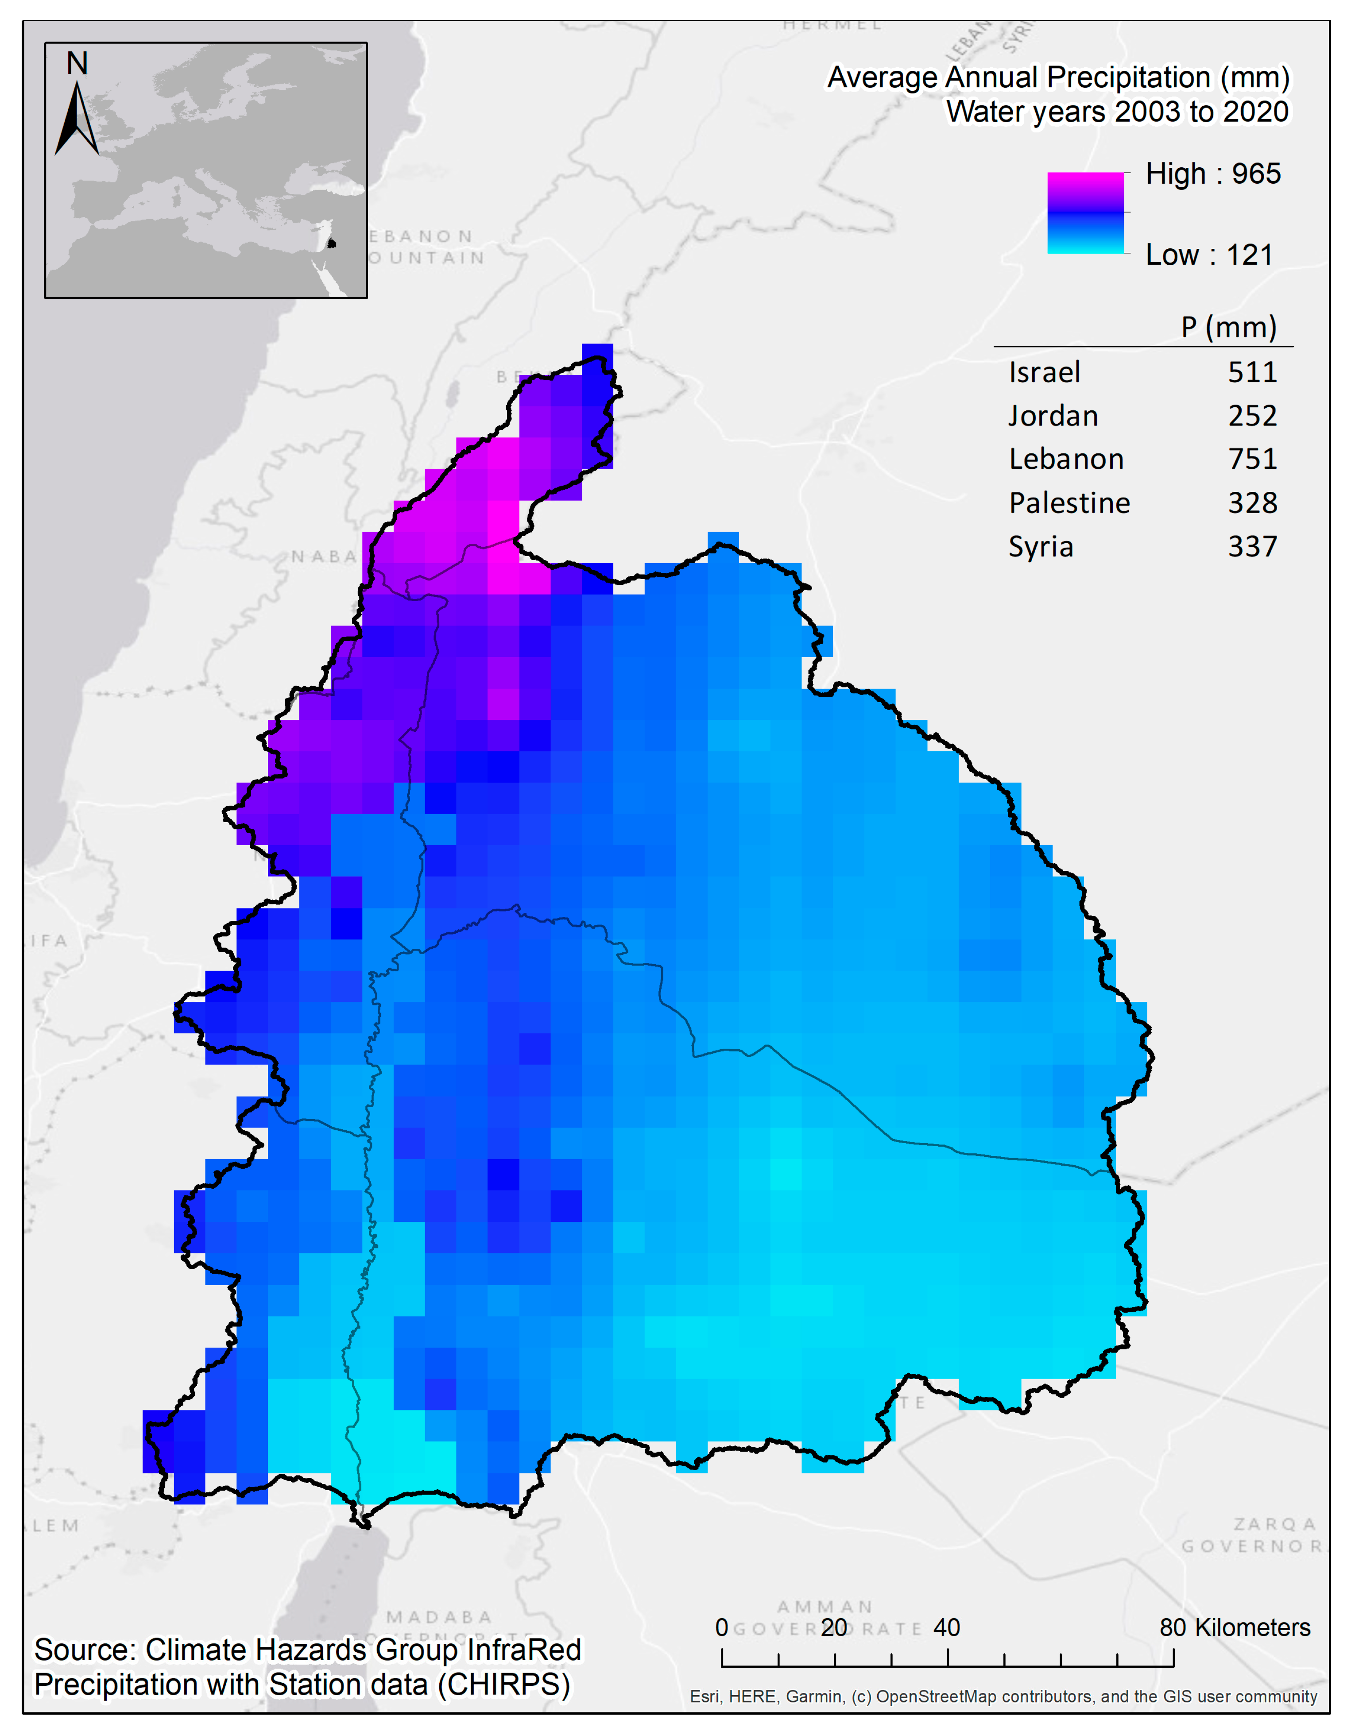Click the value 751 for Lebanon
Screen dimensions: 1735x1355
tap(1252, 459)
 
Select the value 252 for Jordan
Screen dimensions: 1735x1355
tap(1252, 415)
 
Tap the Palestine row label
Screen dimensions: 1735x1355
tap(1069, 503)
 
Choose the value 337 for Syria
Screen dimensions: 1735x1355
tap(1252, 547)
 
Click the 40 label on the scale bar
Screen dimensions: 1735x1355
tap(947, 1628)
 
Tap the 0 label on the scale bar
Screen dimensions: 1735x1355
tap(722, 1628)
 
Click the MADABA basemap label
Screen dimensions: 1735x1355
tap(439, 1617)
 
